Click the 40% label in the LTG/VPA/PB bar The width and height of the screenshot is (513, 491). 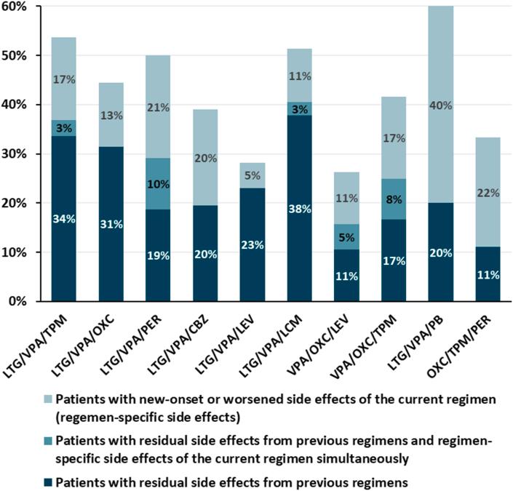pos(441,105)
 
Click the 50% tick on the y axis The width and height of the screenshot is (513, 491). pos(15,56)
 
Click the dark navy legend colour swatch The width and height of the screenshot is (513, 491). pos(44,481)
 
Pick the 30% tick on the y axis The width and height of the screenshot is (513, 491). pos(15,154)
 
